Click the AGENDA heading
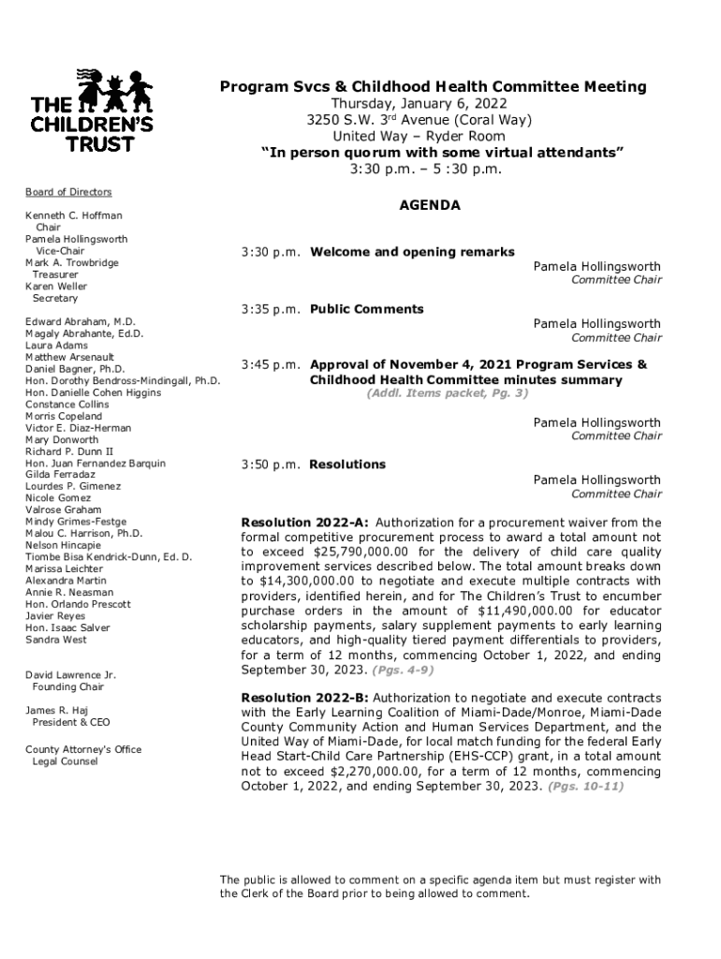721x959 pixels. point(431,205)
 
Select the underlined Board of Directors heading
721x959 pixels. point(68,192)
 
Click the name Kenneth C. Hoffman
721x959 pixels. point(74,215)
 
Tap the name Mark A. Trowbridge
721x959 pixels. point(72,263)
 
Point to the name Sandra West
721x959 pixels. point(56,640)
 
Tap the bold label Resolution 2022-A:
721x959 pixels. point(304,523)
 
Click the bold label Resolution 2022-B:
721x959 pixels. point(304,699)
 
